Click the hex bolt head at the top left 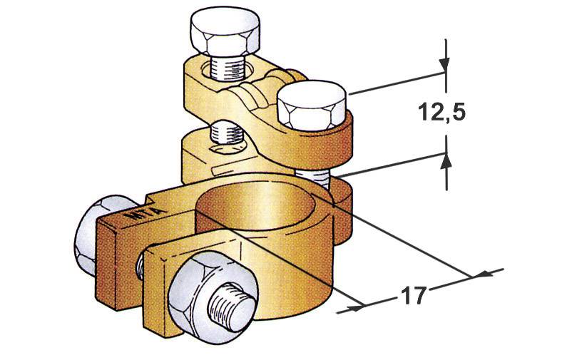[x=223, y=33]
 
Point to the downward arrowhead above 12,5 [x=445, y=64]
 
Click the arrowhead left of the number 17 [x=354, y=308]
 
